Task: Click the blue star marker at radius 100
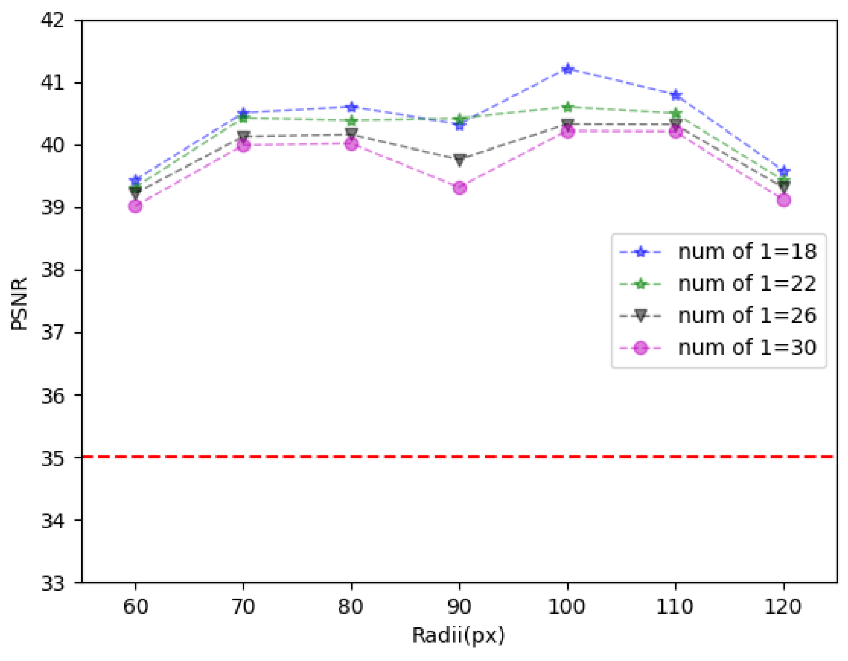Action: click(568, 69)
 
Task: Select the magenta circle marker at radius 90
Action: click(459, 188)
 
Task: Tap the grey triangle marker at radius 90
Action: click(459, 160)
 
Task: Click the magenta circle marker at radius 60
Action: click(136, 206)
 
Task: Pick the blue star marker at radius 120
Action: click(784, 171)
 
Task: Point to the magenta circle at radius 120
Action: click(784, 200)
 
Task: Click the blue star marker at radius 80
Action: click(352, 107)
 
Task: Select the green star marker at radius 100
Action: click(568, 107)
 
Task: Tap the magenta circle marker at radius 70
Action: click(243, 145)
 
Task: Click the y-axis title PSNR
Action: click(20, 304)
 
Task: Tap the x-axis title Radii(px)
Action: click(458, 636)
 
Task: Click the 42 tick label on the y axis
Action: click(53, 21)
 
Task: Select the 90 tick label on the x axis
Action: click(459, 606)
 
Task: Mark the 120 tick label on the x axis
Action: click(783, 606)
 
